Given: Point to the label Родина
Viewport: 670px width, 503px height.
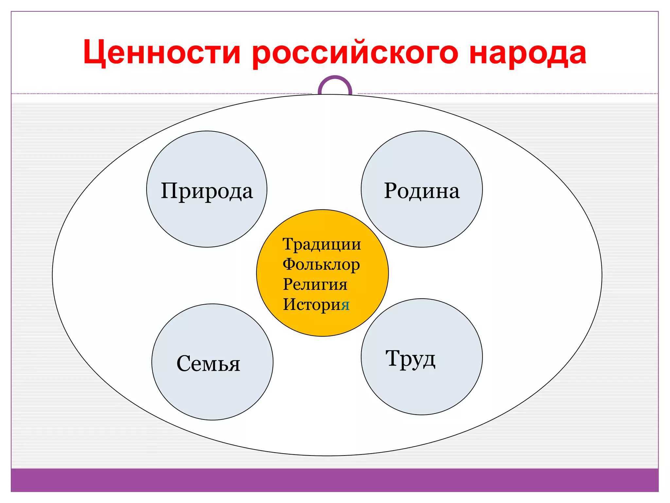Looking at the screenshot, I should (x=422, y=191).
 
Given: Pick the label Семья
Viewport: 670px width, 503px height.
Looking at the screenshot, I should (x=208, y=363).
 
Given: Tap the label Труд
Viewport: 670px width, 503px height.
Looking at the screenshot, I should (x=411, y=359).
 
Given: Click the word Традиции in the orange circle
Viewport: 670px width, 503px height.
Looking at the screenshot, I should (x=322, y=245).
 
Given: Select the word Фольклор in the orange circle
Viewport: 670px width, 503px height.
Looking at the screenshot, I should (x=321, y=265).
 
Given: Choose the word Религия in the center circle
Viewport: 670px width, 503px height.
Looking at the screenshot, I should (x=315, y=284).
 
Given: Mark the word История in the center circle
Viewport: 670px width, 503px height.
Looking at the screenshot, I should (x=316, y=305).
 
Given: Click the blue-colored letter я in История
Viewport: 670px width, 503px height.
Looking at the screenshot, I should (x=345, y=305).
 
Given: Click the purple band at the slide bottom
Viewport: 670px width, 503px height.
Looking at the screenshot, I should (x=335, y=480).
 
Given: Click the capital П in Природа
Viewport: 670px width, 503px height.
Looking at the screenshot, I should (x=170, y=190).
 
